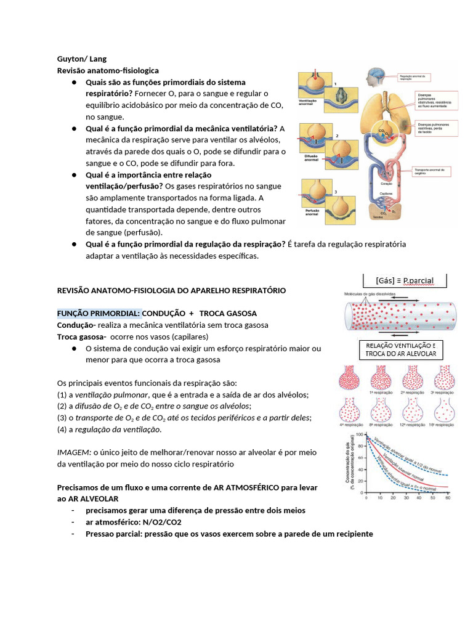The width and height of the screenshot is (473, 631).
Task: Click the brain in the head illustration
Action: [374, 76]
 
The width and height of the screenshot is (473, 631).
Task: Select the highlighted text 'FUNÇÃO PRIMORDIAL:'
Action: [99, 313]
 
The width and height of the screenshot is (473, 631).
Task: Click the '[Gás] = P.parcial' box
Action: [404, 280]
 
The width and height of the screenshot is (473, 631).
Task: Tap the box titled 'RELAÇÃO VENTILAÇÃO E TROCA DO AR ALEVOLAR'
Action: [400, 349]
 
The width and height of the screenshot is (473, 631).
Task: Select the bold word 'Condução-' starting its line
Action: [76, 325]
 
